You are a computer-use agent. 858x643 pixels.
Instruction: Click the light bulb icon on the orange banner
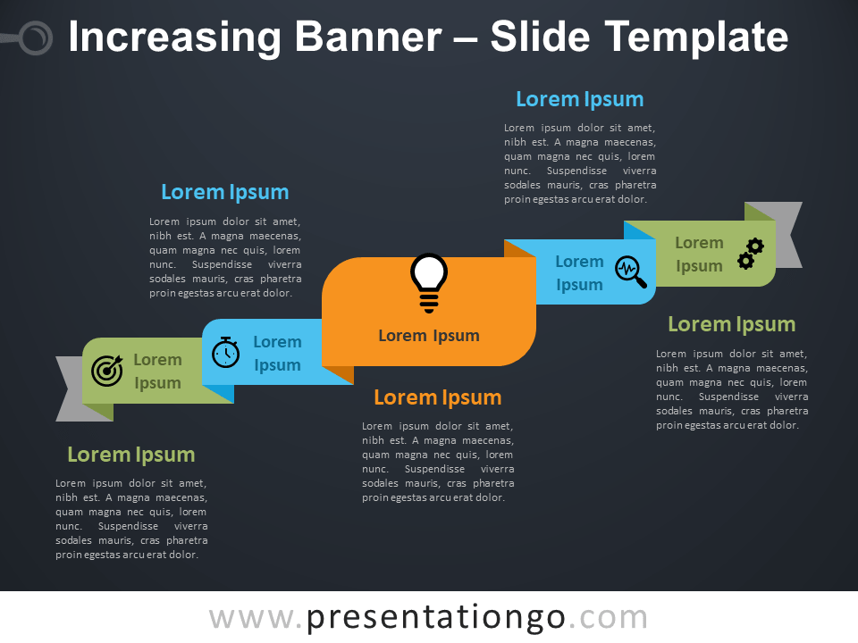[429, 283]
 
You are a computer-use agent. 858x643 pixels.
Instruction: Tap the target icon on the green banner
[107, 371]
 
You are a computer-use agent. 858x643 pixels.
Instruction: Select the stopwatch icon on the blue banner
[225, 352]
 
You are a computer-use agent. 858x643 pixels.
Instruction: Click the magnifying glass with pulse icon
[631, 271]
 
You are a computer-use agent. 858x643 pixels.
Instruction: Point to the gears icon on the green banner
[751, 254]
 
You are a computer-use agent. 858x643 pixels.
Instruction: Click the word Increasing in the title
[174, 38]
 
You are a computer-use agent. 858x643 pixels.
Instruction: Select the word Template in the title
[696, 38]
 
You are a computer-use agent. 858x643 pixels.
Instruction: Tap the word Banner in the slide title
[368, 38]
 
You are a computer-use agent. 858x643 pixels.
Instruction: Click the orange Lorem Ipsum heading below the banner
[438, 397]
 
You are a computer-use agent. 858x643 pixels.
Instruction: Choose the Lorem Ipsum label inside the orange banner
[429, 335]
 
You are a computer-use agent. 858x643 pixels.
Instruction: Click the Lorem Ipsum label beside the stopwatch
[277, 354]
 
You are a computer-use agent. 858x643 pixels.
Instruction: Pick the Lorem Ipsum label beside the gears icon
[699, 255]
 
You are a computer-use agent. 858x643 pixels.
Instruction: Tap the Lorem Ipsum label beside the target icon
[157, 372]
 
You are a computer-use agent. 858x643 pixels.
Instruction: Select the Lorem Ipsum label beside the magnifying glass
[579, 273]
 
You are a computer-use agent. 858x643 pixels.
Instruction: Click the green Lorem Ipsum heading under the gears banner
[732, 324]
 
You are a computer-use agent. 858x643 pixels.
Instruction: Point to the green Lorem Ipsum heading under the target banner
[131, 455]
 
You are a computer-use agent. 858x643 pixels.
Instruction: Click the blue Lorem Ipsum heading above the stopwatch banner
[225, 193]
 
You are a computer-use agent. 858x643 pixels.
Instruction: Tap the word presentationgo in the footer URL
[435, 617]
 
